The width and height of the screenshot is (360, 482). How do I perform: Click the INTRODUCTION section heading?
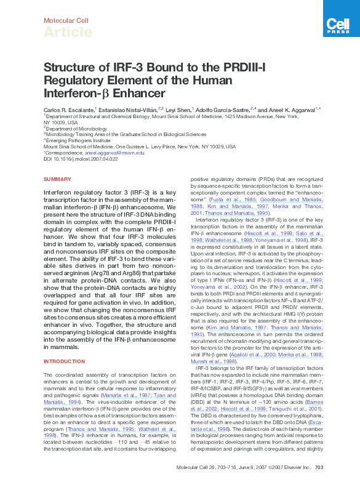pyautogui.click(x=64, y=361)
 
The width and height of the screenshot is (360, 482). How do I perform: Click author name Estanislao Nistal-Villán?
pyautogui.click(x=130, y=109)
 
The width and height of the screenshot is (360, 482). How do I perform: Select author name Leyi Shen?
pyautogui.click(x=178, y=109)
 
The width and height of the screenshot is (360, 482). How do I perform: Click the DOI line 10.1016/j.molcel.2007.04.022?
pyautogui.click(x=81, y=159)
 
